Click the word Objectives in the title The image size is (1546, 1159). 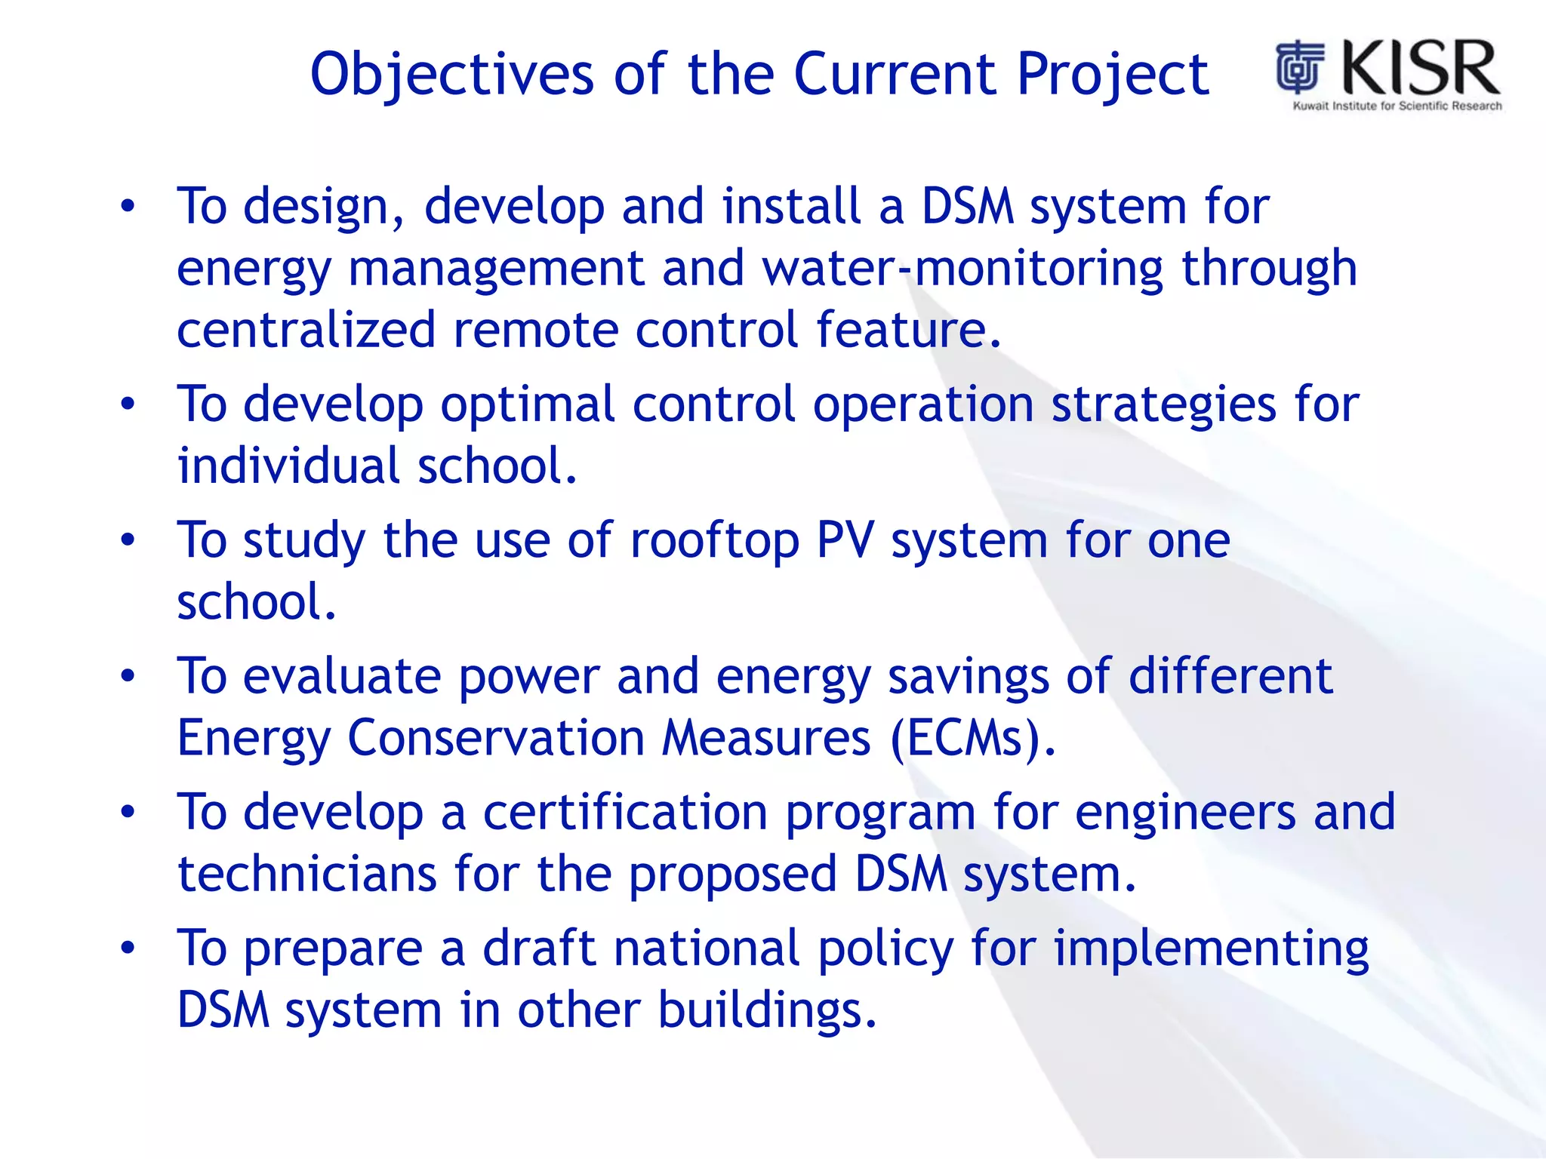tap(451, 75)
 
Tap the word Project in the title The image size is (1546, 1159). tap(1113, 75)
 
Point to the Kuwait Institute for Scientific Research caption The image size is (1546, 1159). tap(1397, 106)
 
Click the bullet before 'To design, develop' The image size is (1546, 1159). tap(128, 206)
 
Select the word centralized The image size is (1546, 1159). tap(306, 330)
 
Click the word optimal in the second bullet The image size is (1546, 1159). tap(527, 404)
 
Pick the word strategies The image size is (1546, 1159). tap(1163, 405)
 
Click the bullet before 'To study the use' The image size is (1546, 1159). tap(128, 540)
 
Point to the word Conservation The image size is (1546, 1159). tap(495, 737)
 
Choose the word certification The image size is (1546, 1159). tap(625, 812)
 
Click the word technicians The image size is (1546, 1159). tap(306, 874)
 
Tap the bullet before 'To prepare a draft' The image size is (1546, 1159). tap(128, 948)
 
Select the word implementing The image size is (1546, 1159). tap(1211, 949)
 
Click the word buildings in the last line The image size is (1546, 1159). tap(767, 1010)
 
